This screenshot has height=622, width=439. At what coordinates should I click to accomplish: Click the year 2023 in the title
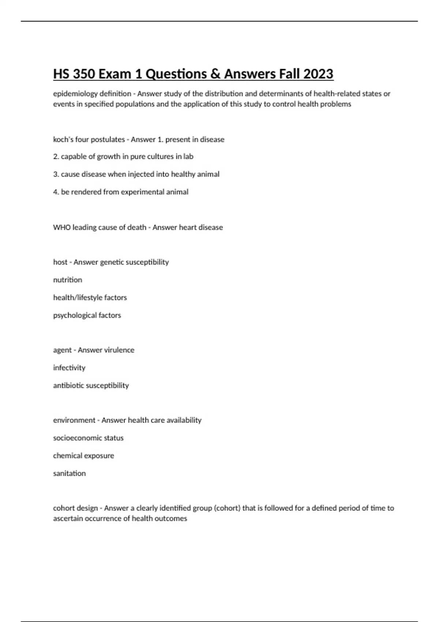(x=318, y=74)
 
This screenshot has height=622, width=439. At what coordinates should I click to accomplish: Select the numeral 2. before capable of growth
(x=56, y=157)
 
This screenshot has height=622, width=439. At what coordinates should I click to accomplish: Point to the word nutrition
(x=68, y=280)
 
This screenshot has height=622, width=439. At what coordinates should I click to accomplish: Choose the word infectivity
(x=69, y=368)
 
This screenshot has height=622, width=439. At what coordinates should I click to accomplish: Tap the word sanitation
(x=70, y=473)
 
